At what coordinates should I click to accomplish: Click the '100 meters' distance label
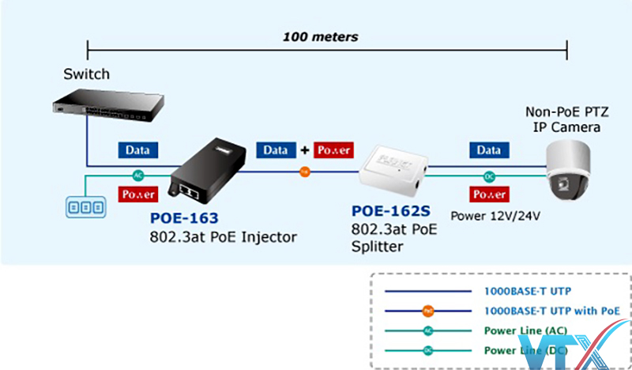[321, 36]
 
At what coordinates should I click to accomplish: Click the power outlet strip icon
[85, 206]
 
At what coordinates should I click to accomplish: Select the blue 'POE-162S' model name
[389, 213]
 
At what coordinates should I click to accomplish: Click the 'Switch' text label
[87, 74]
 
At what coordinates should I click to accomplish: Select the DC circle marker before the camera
[487, 177]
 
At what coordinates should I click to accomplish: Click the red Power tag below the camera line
[487, 194]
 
